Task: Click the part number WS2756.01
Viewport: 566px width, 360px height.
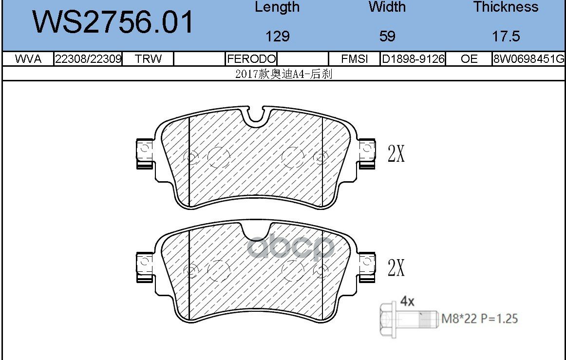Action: point(113,22)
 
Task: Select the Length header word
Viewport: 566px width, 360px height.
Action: point(277,7)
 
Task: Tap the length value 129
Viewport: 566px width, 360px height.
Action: point(277,36)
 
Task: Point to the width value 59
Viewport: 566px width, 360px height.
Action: point(387,36)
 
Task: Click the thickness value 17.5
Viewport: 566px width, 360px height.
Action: point(506,36)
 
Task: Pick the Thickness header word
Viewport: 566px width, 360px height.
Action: point(506,7)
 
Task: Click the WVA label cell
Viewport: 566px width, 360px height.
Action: point(28,59)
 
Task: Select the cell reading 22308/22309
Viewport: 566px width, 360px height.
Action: point(88,59)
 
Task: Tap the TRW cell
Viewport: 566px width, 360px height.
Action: point(148,59)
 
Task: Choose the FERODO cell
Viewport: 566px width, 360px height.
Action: point(251,59)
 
